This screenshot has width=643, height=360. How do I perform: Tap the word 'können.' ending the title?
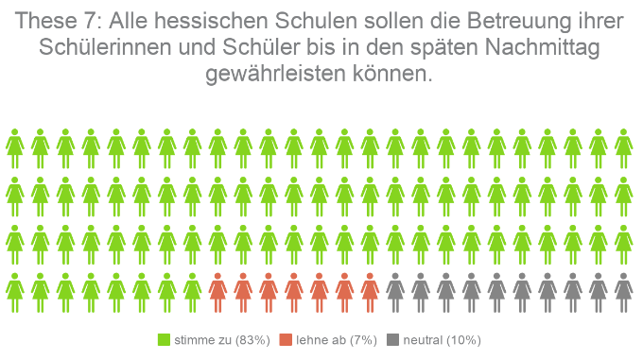pyautogui.click(x=399, y=75)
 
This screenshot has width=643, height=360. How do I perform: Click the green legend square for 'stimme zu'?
pyautogui.click(x=164, y=339)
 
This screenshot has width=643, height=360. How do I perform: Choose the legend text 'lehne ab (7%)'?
pyautogui.click(x=335, y=339)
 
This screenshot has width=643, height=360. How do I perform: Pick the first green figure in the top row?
pyautogui.click(x=15, y=146)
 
